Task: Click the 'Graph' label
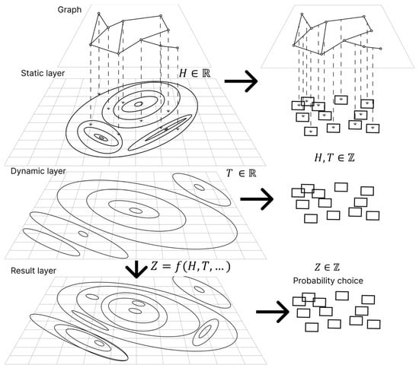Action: [x=69, y=10]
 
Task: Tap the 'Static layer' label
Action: [x=43, y=73]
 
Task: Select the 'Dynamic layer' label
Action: [x=38, y=171]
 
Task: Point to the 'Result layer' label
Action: [x=34, y=271]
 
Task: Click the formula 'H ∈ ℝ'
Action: [x=194, y=73]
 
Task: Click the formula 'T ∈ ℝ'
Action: [x=241, y=173]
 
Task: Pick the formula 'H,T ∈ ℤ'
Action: [x=334, y=158]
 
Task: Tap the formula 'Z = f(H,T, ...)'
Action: [x=190, y=267]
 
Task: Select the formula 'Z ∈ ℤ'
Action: [x=327, y=267]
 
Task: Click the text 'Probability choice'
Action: [x=328, y=281]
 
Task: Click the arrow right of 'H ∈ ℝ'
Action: [x=241, y=81]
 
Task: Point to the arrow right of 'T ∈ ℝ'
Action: [x=257, y=199]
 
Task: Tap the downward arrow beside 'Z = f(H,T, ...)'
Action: [x=136, y=269]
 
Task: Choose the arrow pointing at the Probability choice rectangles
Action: [x=273, y=312]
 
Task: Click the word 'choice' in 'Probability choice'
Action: [x=350, y=281]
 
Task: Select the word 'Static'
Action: [x=30, y=73]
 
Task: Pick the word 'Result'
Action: [x=21, y=271]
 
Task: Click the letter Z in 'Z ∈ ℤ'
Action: [x=318, y=267]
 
